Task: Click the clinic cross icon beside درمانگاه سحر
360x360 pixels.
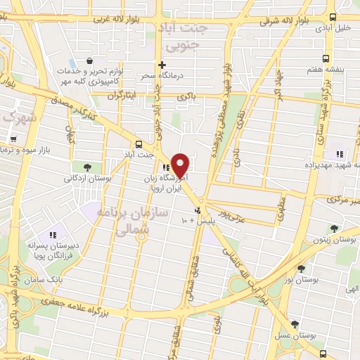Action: (x=162, y=65)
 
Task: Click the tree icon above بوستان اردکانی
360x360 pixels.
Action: (x=87, y=167)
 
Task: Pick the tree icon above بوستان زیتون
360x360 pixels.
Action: (x=334, y=229)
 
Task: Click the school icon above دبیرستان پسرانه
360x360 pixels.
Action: (x=51, y=236)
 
